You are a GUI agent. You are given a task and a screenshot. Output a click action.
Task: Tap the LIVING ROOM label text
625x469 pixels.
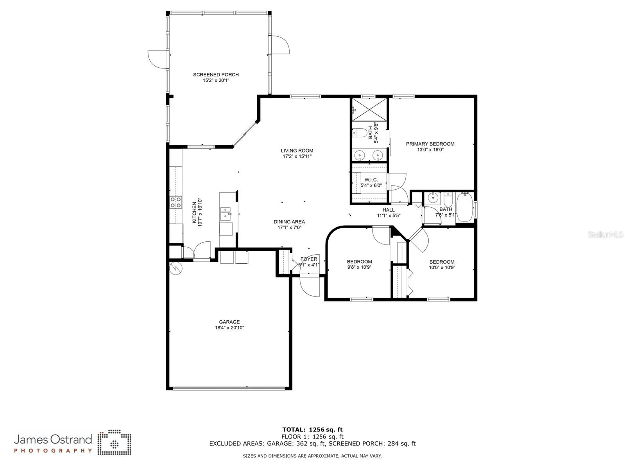pos(297,151)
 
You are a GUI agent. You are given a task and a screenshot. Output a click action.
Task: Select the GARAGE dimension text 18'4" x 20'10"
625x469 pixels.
pos(229,328)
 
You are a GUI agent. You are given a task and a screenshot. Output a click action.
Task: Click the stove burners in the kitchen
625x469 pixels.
pos(176,202)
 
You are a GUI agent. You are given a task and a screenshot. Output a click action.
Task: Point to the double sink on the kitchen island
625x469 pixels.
pos(226,214)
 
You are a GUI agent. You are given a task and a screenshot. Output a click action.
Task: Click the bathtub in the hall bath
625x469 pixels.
pos(465,208)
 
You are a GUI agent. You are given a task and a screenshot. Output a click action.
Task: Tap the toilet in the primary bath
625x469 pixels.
pos(360,133)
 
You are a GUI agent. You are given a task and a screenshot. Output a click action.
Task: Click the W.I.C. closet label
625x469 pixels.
pos(371,180)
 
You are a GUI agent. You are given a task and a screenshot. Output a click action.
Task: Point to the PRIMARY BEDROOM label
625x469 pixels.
pos(430,144)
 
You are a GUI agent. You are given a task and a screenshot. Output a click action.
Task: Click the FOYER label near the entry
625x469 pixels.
pos(309,259)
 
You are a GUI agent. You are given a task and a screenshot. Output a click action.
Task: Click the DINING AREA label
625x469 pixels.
pos(289,222)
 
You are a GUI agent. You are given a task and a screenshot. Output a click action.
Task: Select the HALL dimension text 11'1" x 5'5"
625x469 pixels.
pos(389,216)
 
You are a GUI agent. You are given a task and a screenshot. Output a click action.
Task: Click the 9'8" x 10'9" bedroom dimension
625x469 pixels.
pos(359,268)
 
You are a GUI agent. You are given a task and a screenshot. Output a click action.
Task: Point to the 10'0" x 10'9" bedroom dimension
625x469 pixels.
pos(442,268)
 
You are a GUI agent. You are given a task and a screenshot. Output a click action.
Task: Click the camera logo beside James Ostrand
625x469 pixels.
pos(114,443)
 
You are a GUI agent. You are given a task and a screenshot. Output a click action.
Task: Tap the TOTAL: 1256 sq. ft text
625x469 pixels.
pos(312,429)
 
